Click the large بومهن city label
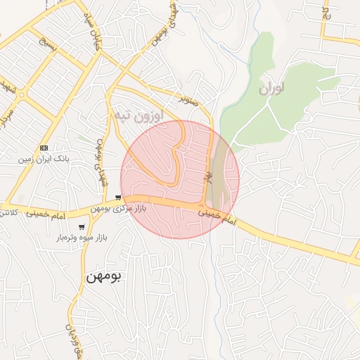click(x=103, y=276)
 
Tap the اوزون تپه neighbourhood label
click(x=138, y=115)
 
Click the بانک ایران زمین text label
click(x=46, y=160)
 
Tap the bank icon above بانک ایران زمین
click(x=44, y=148)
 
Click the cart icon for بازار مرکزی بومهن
click(x=117, y=198)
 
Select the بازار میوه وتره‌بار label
click(x=81, y=238)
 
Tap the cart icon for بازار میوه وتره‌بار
click(x=82, y=226)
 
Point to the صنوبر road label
click(x=188, y=100)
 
